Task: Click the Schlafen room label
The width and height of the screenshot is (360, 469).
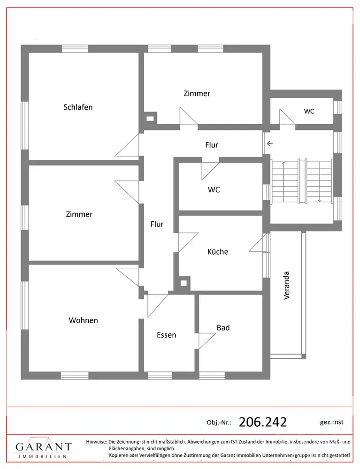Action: point(78,107)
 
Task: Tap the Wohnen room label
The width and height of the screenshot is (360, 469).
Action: point(83,320)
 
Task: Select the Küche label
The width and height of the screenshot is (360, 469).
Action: point(218,252)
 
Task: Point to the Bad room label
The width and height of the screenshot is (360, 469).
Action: point(223,328)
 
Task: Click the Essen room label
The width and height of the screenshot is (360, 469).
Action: point(167,335)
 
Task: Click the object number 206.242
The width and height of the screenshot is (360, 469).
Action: point(262,422)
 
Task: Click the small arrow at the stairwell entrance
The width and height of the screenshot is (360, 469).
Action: point(269,144)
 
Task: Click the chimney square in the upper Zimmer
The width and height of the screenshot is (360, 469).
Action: point(150,119)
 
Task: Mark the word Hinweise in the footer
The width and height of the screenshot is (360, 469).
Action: point(96,442)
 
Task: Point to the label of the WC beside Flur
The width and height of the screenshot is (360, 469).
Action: point(214,190)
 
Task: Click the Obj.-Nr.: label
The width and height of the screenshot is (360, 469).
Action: point(219,423)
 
